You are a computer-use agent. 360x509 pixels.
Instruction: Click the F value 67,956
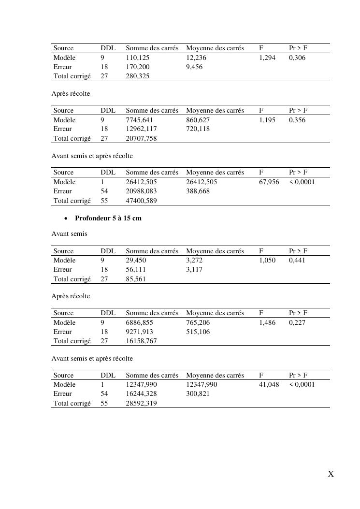[269, 182]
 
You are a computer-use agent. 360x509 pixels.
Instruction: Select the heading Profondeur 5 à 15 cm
[108, 218]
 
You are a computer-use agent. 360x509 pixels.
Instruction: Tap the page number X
[331, 474]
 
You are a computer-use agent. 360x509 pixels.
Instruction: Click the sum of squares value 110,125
[138, 58]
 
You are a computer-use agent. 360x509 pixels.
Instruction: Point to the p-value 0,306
[297, 58]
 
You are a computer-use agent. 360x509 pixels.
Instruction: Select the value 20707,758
[141, 138]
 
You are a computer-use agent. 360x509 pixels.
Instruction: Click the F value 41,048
[269, 384]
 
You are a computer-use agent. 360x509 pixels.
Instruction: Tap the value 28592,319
[141, 403]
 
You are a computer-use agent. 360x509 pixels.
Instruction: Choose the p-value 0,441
[297, 260]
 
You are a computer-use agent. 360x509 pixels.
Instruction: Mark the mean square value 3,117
[194, 269]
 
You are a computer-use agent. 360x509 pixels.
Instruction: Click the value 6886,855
[140, 322]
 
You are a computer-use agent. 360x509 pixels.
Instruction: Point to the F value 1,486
[267, 322]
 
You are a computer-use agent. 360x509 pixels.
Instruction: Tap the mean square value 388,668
[198, 191]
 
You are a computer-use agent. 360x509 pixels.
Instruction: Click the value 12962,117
[141, 129]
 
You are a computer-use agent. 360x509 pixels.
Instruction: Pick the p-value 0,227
[297, 322]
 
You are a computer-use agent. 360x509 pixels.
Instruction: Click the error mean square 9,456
[194, 67]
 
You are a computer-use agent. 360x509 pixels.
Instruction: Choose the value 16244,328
[141, 393]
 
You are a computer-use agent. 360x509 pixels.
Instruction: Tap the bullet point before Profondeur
[66, 218]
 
